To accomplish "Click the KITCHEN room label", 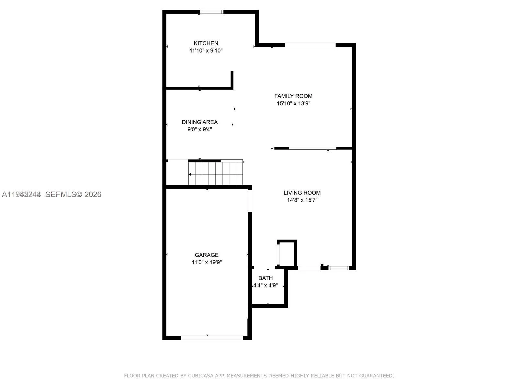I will [206, 43].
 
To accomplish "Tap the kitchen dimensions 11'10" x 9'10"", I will [206, 51].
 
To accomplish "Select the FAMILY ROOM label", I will [293, 96].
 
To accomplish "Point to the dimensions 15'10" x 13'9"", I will [293, 103].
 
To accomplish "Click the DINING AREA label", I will [199, 122].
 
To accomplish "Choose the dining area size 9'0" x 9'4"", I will [199, 129].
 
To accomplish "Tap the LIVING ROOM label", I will [302, 193].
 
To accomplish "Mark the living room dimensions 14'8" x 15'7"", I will [302, 200].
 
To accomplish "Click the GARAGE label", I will [207, 255].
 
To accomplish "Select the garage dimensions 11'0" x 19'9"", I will [207, 262].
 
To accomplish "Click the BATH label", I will [265, 278].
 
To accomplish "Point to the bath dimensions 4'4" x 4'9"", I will [265, 286].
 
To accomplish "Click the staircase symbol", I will [216, 173].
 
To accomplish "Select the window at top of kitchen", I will [212, 12].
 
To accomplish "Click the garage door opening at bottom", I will [212, 338].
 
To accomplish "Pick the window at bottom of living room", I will [339, 268].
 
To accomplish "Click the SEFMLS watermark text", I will [73, 194].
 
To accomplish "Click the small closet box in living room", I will [287, 254].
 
